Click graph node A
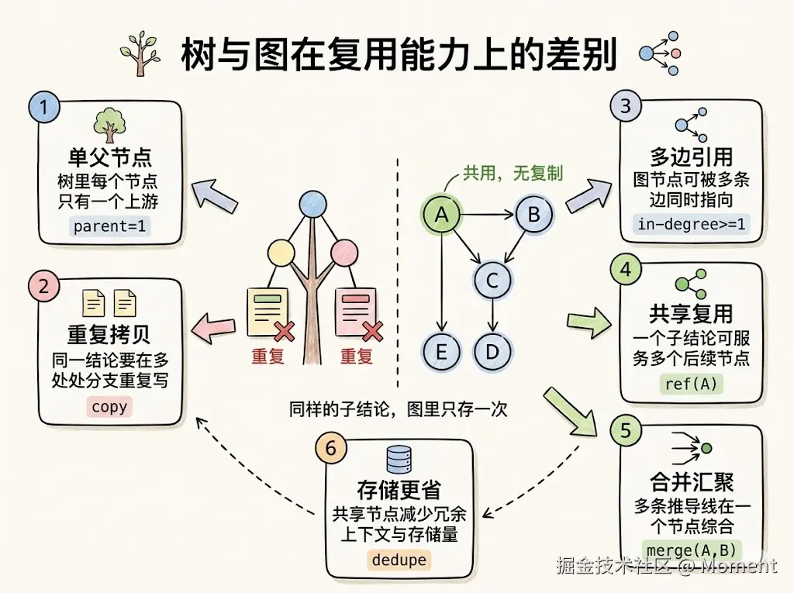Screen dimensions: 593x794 coord(441,215)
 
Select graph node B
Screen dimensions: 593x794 coord(533,214)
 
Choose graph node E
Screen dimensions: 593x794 coord(441,351)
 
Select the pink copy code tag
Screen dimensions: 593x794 coord(109,407)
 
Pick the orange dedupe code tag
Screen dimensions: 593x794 coord(399,559)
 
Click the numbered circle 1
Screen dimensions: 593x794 coord(45,108)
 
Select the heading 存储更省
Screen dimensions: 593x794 coord(399,491)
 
